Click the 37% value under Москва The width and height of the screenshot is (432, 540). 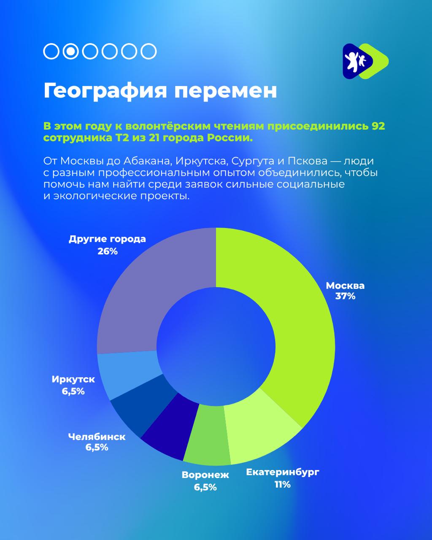345,296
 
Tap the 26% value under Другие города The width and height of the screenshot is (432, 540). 108,251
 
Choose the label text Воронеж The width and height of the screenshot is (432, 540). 205,475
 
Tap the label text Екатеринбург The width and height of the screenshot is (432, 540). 283,472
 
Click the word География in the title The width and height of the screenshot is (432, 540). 105,91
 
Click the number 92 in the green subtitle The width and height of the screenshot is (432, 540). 378,126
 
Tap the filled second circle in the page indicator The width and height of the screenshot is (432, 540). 71,51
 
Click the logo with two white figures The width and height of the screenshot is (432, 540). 365,61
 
